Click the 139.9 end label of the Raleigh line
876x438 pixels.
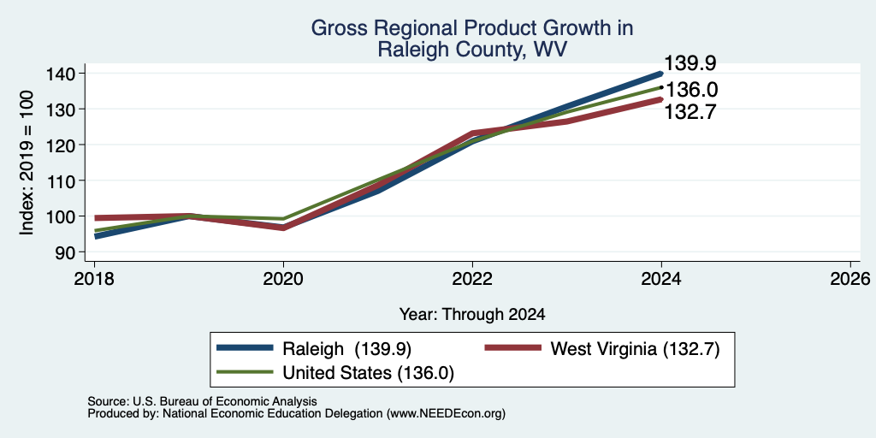tap(690, 63)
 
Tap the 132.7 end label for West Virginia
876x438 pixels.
tap(690, 112)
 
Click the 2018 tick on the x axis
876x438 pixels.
tap(94, 278)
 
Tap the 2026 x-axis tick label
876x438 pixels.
tap(851, 278)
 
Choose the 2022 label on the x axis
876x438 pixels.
tap(472, 278)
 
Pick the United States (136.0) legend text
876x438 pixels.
tap(368, 373)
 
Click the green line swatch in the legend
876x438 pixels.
tap(245, 372)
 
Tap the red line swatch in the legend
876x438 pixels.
tap(513, 348)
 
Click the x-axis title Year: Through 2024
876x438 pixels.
tap(472, 315)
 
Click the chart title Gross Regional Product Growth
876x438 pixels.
tap(472, 28)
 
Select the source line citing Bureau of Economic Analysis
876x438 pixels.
tap(202, 401)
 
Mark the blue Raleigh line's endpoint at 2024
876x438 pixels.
tap(661, 74)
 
